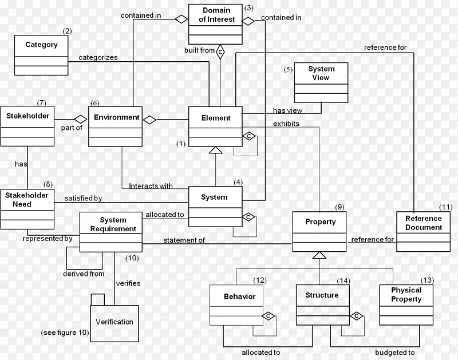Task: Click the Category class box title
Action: pyautogui.click(x=41, y=45)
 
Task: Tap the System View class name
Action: pyautogui.click(x=321, y=73)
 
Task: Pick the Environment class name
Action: pyautogui.click(x=116, y=117)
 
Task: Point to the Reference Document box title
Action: pyautogui.click(x=424, y=223)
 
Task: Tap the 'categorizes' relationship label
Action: pyautogui.click(x=98, y=57)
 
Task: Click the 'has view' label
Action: pyautogui.click(x=287, y=111)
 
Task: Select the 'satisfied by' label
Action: pyautogui.click(x=82, y=198)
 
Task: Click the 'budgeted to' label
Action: pyautogui.click(x=395, y=353)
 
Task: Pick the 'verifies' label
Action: pyautogui.click(x=128, y=283)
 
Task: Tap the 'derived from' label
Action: pyautogui.click(x=84, y=274)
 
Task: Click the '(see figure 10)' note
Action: pyautogui.click(x=65, y=333)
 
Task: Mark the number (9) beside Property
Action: pyautogui.click(x=339, y=207)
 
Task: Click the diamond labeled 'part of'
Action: pyautogui.click(x=73, y=119)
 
